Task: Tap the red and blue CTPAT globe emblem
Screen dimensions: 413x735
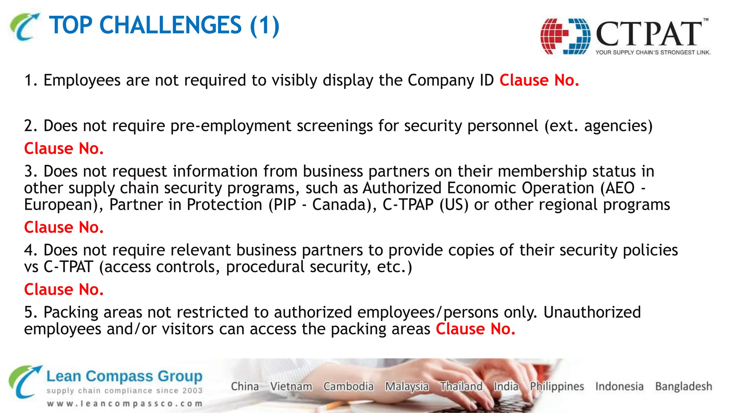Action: click(565, 36)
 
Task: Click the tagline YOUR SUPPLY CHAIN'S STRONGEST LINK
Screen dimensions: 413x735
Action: click(653, 52)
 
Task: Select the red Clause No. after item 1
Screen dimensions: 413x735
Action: click(539, 80)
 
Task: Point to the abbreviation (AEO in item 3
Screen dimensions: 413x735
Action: click(617, 188)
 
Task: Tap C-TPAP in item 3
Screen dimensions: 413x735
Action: click(408, 205)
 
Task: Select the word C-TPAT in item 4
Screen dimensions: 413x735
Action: click(68, 267)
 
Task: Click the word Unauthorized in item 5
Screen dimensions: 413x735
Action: click(592, 312)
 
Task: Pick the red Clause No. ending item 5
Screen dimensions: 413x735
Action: click(476, 329)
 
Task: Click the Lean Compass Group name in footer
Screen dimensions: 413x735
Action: click(124, 376)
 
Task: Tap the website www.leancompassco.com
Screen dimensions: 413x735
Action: click(125, 404)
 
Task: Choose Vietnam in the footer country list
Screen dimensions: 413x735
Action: click(291, 386)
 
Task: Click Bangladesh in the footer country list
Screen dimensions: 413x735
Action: click(683, 386)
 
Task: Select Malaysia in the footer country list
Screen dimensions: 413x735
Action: click(407, 386)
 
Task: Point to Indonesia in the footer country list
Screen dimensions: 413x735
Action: click(619, 386)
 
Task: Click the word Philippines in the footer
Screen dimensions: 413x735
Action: click(557, 386)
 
